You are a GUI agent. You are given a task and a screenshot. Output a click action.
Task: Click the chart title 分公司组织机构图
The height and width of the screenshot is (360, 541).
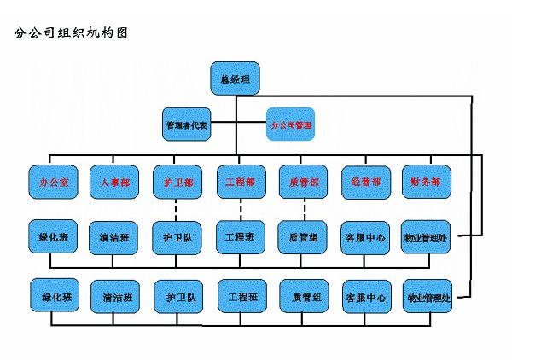coord(72,34)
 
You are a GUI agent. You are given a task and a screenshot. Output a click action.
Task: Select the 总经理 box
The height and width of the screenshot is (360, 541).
coord(235,78)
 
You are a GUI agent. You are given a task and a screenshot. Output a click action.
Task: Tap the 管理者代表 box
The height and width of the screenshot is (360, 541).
coord(187,125)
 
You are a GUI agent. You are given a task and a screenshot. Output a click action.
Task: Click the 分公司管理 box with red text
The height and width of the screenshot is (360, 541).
coord(290,125)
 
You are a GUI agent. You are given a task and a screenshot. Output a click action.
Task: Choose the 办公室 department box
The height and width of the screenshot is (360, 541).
coord(53,182)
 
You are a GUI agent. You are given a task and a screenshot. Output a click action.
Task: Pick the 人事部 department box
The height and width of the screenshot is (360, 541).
coord(114,182)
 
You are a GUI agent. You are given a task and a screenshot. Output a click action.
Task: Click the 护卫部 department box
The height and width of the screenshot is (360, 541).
coord(177,182)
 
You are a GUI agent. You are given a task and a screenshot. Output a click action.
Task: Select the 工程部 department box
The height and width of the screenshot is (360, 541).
coord(240,182)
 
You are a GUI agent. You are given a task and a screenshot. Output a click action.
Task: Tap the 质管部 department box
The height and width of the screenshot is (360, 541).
coord(304,182)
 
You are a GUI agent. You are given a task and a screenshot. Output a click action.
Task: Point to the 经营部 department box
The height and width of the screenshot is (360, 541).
coord(365,182)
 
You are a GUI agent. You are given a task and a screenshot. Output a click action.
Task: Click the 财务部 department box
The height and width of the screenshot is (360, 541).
coord(426,182)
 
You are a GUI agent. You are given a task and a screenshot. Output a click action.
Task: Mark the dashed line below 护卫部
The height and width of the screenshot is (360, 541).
coord(177,208)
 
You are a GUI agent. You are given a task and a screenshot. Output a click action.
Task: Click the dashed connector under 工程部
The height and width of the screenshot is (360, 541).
coord(240,208)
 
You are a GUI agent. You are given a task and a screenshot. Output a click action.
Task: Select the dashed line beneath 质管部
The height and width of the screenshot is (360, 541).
coord(304,208)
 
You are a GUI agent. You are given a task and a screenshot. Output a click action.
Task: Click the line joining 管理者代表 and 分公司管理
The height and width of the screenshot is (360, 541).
coord(238,125)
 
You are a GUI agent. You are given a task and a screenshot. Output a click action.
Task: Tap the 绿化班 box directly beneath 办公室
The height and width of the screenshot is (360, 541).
coord(53,237)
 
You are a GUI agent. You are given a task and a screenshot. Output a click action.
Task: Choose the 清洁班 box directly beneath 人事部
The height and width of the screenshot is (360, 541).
coord(114,237)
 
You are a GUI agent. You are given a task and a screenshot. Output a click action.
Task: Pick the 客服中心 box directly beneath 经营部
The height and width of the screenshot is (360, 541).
coord(365,237)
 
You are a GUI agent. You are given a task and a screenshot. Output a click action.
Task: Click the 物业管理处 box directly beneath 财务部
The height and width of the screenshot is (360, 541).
coord(426,237)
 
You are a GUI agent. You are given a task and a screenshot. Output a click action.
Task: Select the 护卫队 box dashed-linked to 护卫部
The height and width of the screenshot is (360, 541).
coord(177,237)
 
